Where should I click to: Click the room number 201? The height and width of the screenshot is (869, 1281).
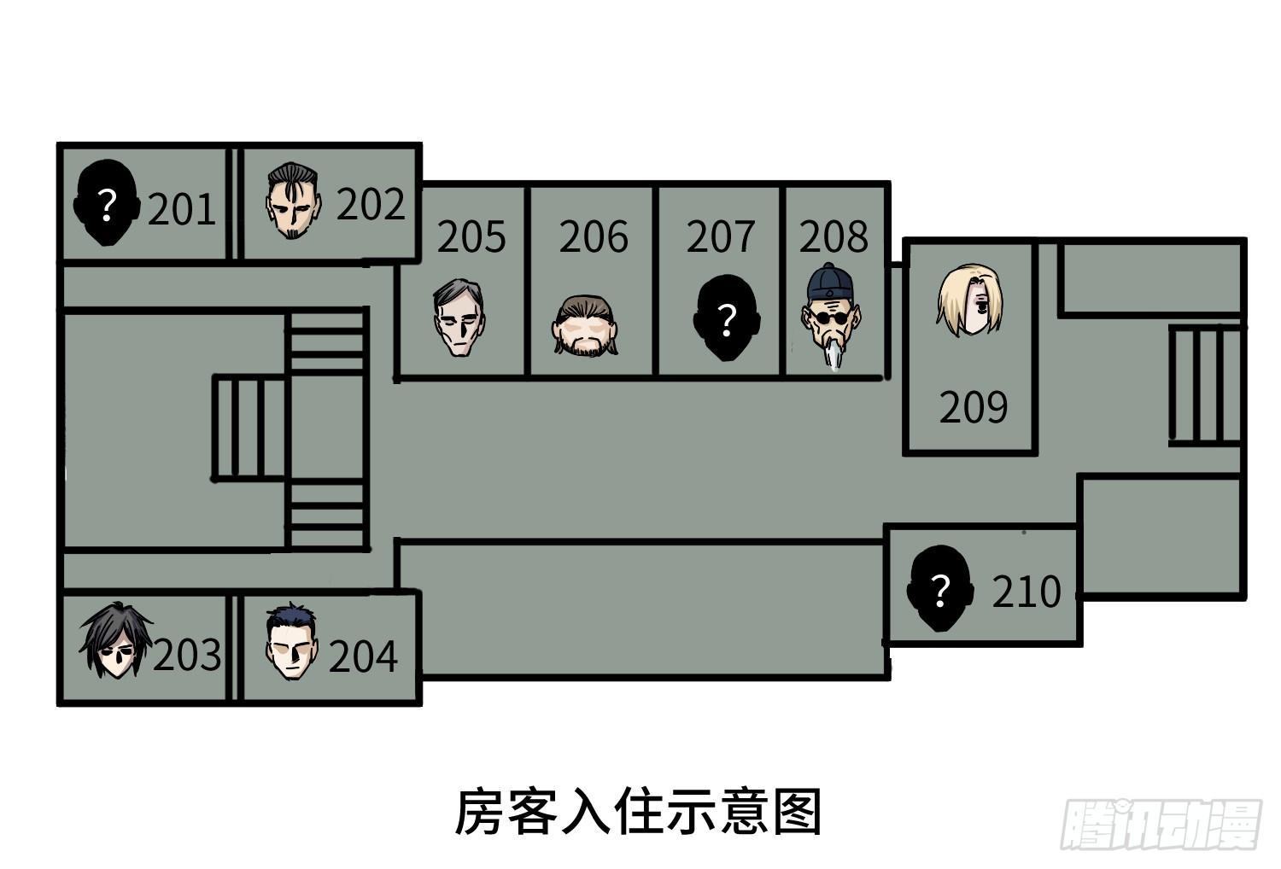click(182, 209)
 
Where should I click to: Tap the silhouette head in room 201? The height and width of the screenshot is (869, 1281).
click(107, 202)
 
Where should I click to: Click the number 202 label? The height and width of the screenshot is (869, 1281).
click(371, 204)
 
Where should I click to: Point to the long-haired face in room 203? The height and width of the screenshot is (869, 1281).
click(117, 639)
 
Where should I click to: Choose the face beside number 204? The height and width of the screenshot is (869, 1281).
click(292, 641)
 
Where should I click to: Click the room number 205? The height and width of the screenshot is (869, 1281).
click(471, 236)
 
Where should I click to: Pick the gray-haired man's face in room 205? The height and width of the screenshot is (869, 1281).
click(459, 318)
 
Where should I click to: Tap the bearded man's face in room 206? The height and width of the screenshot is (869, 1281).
click(585, 326)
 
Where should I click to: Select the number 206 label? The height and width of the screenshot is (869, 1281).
click(594, 236)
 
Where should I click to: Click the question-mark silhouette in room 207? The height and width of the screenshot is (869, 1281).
click(727, 318)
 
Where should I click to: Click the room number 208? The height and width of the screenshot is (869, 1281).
click(834, 236)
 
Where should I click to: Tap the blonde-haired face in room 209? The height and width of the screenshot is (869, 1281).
click(970, 300)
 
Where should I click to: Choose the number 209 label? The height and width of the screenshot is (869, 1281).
click(974, 407)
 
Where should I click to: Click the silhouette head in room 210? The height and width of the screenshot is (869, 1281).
click(940, 588)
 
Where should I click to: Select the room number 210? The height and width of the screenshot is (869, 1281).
click(1027, 592)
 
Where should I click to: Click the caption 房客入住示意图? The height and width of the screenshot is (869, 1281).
click(638, 812)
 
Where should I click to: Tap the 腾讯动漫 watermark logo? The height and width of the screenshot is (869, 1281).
click(1161, 825)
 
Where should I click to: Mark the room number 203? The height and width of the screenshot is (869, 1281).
click(187, 655)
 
